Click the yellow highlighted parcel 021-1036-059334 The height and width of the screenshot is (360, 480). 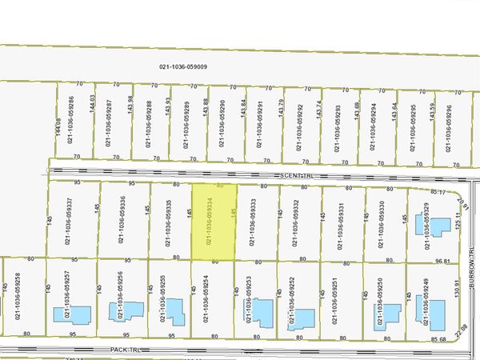pos(214,222)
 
